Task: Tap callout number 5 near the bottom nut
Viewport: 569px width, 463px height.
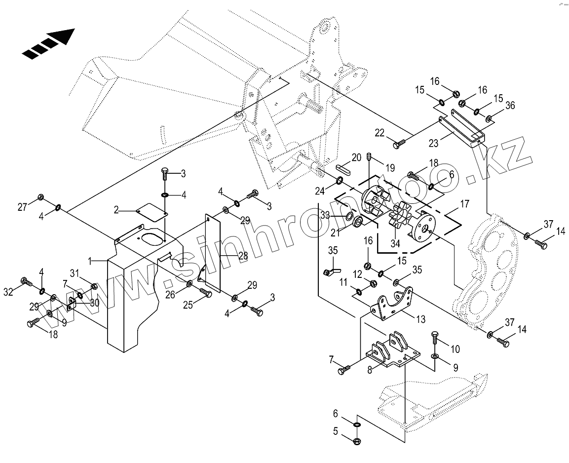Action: point(336,431)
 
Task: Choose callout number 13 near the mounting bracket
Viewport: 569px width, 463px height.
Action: point(420,319)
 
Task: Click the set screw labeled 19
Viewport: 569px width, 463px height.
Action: point(369,158)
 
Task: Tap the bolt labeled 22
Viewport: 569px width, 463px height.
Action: point(399,144)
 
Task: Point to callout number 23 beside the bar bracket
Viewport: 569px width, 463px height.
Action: point(433,143)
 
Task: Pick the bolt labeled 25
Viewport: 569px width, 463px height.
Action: point(205,294)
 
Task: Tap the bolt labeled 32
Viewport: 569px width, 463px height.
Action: point(26,282)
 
